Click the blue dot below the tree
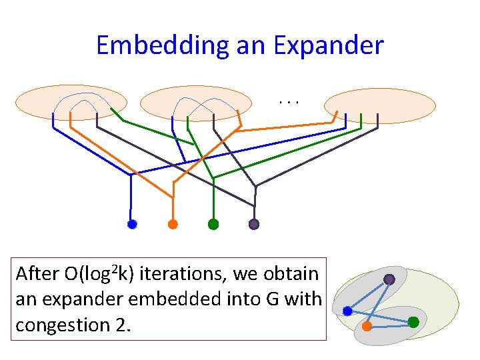(132, 225)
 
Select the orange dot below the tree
(173, 224)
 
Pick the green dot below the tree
(213, 224)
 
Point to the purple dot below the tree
(254, 224)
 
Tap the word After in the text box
(37, 274)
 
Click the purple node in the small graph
(389, 279)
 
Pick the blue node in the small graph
(347, 311)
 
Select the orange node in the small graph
(367, 326)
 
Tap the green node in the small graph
(413, 322)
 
